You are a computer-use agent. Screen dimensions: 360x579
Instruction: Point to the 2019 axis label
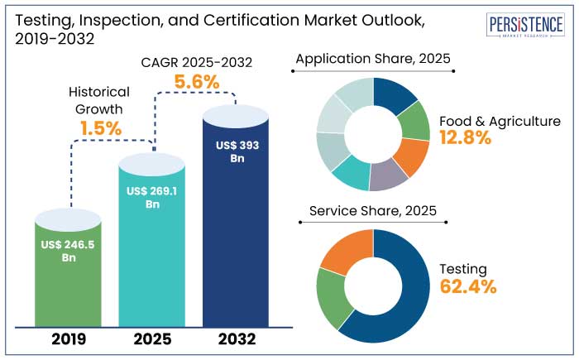click(x=69, y=339)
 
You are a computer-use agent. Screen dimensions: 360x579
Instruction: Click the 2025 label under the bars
click(x=152, y=339)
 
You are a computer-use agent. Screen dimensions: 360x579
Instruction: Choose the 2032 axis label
click(x=236, y=339)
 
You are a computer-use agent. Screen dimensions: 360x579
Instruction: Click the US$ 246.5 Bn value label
click(x=69, y=251)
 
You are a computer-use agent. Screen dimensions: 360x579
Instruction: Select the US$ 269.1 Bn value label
click(x=152, y=198)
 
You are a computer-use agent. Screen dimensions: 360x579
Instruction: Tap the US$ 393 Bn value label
click(x=236, y=151)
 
